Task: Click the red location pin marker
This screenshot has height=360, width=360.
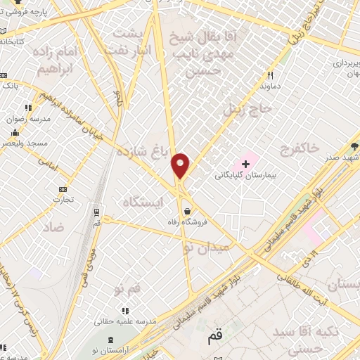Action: pyautogui.click(x=181, y=165)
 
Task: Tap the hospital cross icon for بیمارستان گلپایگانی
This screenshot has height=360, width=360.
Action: pyautogui.click(x=245, y=163)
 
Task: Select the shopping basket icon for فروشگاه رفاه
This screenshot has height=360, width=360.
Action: pyautogui.click(x=187, y=210)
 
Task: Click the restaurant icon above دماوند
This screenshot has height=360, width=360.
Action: pyautogui.click(x=269, y=76)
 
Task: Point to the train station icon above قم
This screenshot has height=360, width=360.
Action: pyautogui.click(x=96, y=210)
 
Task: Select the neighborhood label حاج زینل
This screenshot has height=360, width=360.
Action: pyautogui.click(x=241, y=109)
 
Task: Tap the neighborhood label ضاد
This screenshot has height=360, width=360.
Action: pyautogui.click(x=53, y=226)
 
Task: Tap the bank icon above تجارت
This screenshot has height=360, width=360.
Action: pyautogui.click(x=63, y=188)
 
